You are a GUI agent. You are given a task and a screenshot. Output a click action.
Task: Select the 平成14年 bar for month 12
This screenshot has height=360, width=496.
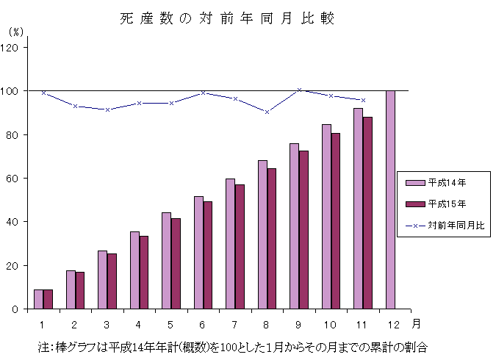pyautogui.click(x=390, y=199)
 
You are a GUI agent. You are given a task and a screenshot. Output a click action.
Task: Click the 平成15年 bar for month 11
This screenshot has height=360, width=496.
pyautogui.click(x=367, y=212)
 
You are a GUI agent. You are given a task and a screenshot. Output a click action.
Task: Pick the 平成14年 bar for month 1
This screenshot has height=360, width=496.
pyautogui.click(x=38, y=299)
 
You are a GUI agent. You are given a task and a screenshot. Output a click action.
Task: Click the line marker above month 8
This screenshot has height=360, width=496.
pyautogui.click(x=267, y=112)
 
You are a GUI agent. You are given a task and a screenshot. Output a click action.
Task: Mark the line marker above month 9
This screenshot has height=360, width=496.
pyautogui.click(x=299, y=90)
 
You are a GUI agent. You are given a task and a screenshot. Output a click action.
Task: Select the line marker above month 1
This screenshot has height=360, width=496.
pyautogui.click(x=43, y=93)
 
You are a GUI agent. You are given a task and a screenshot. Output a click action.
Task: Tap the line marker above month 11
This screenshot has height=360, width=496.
pyautogui.click(x=363, y=100)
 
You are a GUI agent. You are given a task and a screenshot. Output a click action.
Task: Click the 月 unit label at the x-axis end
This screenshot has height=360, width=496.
pyautogui.click(x=417, y=323)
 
